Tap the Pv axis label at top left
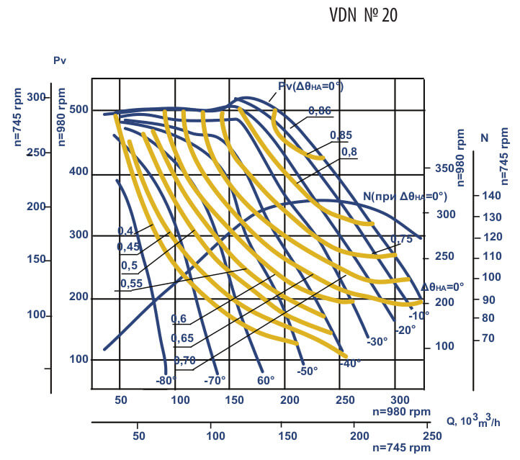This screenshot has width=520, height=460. point(60,60)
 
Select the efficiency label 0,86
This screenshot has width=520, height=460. point(320,110)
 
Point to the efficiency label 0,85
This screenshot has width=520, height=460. point(341,135)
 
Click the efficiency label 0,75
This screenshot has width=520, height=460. point(402,240)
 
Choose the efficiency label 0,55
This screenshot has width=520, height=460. point(130,284)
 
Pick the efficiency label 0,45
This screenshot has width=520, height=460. point(127,247)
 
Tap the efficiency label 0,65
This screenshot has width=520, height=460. point(182,338)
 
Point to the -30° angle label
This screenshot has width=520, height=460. point(377,341)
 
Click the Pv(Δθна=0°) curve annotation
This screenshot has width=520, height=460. point(310,86)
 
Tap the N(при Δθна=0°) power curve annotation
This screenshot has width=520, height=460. point(405,196)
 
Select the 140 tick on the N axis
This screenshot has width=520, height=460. point(490,196)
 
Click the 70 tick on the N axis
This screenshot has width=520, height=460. point(488,338)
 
